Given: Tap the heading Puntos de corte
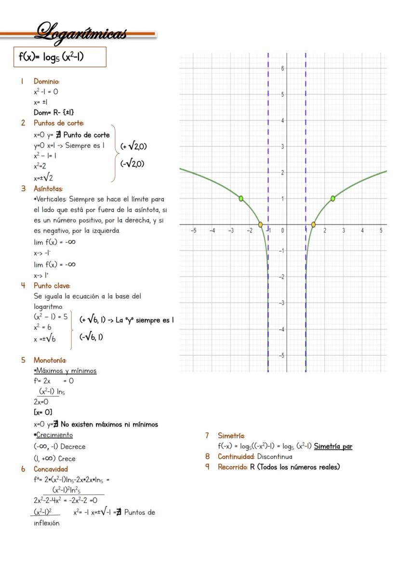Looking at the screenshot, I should tap(58, 123).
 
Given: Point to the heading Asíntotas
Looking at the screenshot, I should tap(48, 189).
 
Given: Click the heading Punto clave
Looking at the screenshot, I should tap(52, 286).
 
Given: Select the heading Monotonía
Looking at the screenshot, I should tap(50, 360).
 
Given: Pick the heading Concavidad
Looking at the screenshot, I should tap(51, 469).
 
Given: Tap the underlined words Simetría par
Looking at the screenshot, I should tap(333, 446).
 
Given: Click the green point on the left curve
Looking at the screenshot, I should tap(241, 198).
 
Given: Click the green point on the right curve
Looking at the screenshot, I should tap(333, 198).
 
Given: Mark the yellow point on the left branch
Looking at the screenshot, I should tap(261, 224).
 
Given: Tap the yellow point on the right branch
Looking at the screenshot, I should tap(313, 224).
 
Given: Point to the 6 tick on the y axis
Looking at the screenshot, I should tap(282, 69).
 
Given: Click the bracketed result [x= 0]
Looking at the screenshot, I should tap(42, 412).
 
